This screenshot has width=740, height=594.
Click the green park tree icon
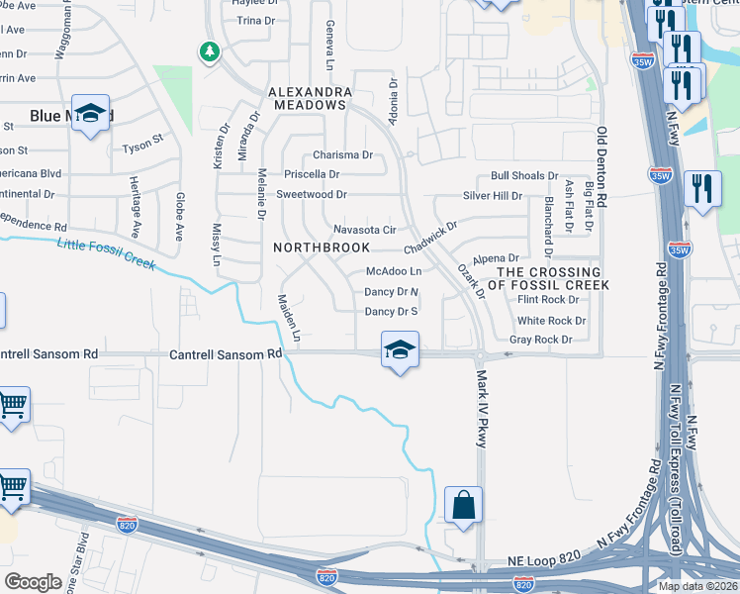tap(209, 50)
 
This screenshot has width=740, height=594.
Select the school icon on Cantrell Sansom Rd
tap(400, 349)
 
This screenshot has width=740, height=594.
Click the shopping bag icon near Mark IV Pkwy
tap(463, 505)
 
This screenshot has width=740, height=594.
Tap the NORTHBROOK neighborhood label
tap(322, 247)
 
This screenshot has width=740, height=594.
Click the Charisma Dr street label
tap(342, 155)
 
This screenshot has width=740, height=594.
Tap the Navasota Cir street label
tap(364, 230)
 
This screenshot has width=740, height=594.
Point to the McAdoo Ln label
tap(394, 271)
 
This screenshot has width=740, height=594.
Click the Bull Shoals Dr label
tap(524, 176)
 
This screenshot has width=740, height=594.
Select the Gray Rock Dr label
tap(540, 340)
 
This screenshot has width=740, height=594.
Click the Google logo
tap(34, 581)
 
